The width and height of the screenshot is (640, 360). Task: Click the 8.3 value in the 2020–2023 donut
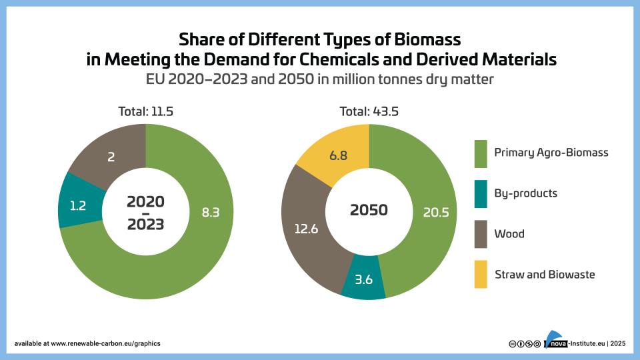211,213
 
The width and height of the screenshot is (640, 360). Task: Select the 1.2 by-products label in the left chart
77,205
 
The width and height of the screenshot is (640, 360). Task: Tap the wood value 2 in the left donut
111,157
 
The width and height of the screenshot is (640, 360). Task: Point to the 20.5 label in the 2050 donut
434,213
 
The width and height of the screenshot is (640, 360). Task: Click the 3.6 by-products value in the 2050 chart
363,279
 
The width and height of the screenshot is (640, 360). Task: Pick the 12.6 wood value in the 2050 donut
306,228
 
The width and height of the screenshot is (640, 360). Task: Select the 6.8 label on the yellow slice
338,155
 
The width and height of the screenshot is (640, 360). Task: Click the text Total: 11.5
145,111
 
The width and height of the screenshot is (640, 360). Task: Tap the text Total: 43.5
369,111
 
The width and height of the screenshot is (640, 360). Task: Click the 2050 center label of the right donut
369,210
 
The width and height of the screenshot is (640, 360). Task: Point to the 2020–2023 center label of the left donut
145,212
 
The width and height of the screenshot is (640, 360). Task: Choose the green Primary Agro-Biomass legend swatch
481,153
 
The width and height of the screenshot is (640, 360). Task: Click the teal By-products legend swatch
481,193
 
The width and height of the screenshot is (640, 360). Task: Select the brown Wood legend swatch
481,234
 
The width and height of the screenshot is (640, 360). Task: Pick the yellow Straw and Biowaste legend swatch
481,275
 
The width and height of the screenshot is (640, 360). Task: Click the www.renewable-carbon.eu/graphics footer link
105,343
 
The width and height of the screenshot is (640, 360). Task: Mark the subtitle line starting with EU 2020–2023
320,79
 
